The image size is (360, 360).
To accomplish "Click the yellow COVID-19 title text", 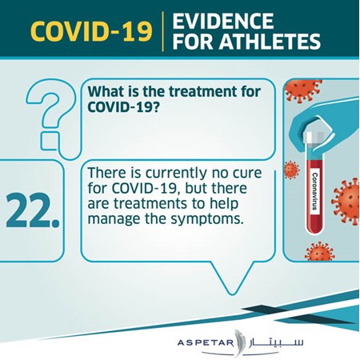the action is coord(91,31).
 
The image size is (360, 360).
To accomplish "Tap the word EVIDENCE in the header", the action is coord(223,21).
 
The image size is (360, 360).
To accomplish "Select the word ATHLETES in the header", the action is coord(270,42).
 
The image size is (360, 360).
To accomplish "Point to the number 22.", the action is coord(33,210).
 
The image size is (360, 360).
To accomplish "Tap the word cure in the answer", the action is coord(247,173).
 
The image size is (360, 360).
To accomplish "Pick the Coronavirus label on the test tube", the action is coord(315,191).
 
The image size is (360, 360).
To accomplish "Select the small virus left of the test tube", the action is coord(291,170).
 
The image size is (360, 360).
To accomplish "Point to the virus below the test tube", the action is coord(319,252).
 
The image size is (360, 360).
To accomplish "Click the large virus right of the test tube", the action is coord(346,202).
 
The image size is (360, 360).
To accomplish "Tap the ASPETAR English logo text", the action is coord(205,342).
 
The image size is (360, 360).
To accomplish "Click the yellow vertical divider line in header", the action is coord(162,31).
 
